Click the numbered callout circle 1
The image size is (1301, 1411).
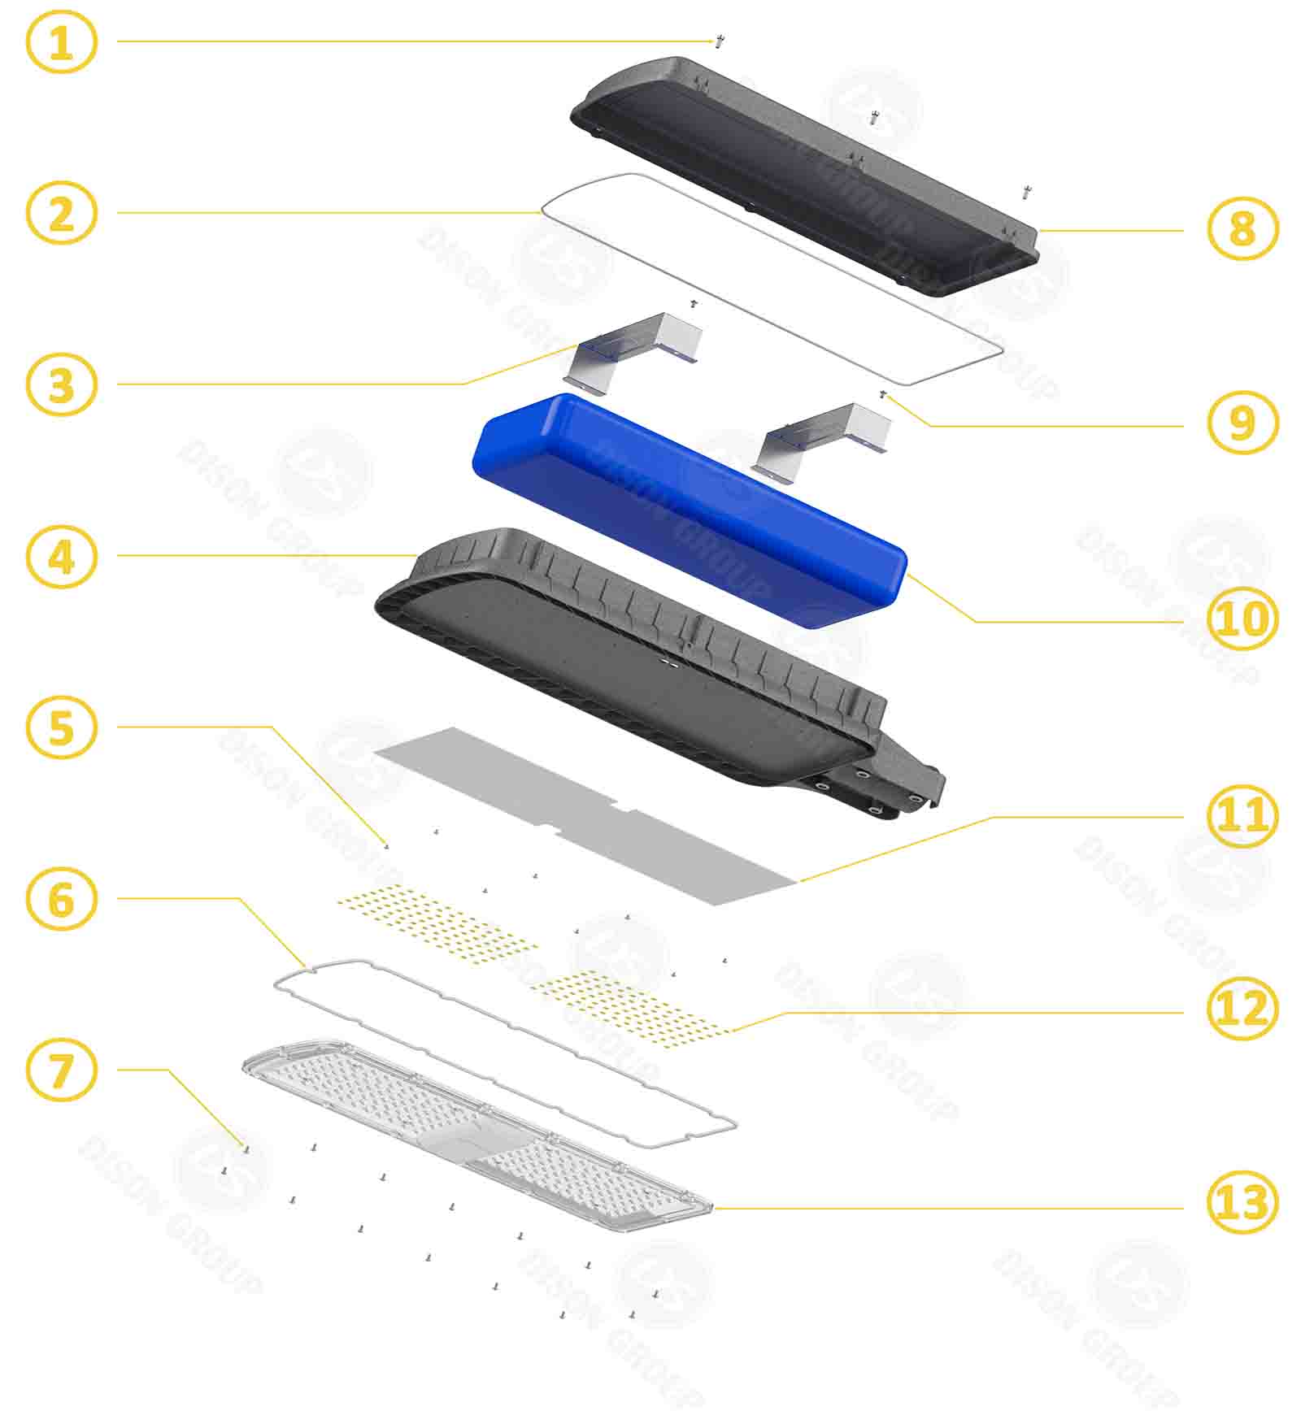(x=62, y=41)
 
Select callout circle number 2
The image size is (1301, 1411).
(x=62, y=214)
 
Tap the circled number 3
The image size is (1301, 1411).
(x=62, y=384)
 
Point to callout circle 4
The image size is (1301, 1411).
(x=62, y=557)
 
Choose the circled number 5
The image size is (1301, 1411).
(x=62, y=727)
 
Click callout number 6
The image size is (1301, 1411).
(x=62, y=900)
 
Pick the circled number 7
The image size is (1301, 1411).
(x=62, y=1070)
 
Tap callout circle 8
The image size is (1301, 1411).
(x=1242, y=229)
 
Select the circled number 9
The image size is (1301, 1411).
(x=1242, y=423)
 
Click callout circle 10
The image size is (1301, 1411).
(x=1242, y=619)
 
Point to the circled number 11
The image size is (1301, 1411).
(x=1242, y=816)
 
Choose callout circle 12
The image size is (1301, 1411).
(x=1242, y=1009)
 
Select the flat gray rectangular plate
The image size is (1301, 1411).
(x=585, y=813)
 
